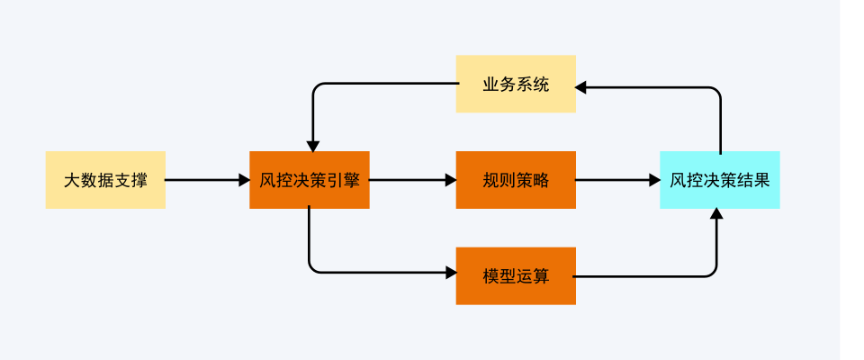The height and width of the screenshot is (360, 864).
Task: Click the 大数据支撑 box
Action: [105, 180]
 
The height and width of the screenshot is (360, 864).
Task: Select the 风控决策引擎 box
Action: [309, 180]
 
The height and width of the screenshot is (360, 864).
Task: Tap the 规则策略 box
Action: [516, 180]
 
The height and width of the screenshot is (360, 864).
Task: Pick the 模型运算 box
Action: [516, 275]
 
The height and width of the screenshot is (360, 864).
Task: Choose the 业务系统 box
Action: [516, 85]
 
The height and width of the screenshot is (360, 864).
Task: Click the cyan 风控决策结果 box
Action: [719, 180]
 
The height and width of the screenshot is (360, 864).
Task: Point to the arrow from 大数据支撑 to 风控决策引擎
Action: [207, 180]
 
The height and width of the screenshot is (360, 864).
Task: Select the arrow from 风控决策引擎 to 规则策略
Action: [412, 180]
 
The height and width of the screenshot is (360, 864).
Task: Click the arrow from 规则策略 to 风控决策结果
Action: [617, 180]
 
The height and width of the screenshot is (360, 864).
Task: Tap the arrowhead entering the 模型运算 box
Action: [450, 273]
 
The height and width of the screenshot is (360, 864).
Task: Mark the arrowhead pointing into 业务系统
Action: [581, 87]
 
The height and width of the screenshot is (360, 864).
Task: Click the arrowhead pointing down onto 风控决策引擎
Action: [313, 145]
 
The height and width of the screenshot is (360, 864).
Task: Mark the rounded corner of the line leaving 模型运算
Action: [713, 272]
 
